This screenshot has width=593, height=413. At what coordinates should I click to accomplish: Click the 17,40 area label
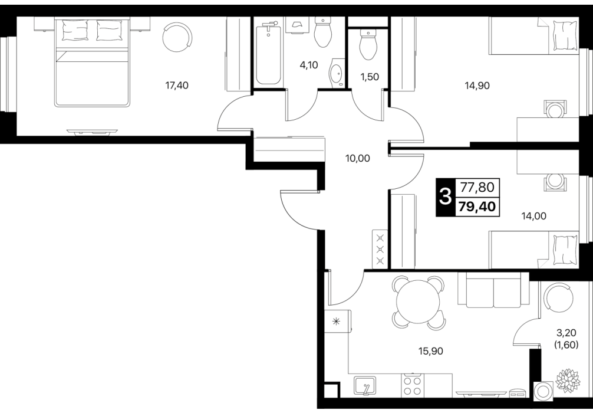(177, 86)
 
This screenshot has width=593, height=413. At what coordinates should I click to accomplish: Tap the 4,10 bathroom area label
(309, 65)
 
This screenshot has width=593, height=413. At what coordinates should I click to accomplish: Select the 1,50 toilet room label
(370, 77)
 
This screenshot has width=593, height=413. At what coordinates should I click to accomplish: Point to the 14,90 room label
(477, 86)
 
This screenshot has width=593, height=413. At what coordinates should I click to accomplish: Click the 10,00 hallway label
(357, 159)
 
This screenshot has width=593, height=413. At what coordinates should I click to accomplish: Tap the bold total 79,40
(477, 206)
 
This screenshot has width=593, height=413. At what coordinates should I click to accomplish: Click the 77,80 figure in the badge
(477, 187)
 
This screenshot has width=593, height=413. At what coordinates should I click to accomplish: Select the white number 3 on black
(446, 197)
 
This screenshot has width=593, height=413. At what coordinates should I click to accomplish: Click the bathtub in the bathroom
(269, 54)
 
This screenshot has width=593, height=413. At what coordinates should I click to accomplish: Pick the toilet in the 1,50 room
(368, 45)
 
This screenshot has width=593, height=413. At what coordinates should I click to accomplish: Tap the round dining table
(418, 301)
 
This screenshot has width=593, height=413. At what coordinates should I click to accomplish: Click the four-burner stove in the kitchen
(413, 385)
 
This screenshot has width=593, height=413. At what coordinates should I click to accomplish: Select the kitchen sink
(365, 386)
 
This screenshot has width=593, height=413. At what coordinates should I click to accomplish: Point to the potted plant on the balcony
(568, 380)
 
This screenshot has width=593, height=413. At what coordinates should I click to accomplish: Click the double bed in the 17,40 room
(93, 63)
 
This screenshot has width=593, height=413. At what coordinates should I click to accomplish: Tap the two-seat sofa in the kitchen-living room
(493, 289)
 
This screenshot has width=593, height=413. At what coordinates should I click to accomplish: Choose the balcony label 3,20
(566, 333)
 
